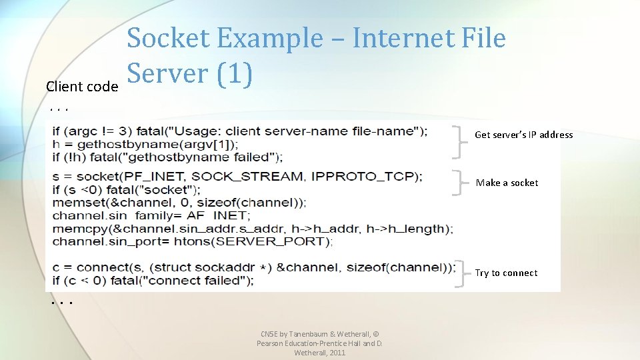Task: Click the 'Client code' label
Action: (82, 87)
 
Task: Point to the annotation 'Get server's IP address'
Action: (523, 135)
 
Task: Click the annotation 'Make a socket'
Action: (507, 183)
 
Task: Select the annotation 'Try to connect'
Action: (506, 273)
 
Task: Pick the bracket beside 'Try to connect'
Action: (460, 273)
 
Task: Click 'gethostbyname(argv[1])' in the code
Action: (157, 144)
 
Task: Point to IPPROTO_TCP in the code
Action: (363, 177)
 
